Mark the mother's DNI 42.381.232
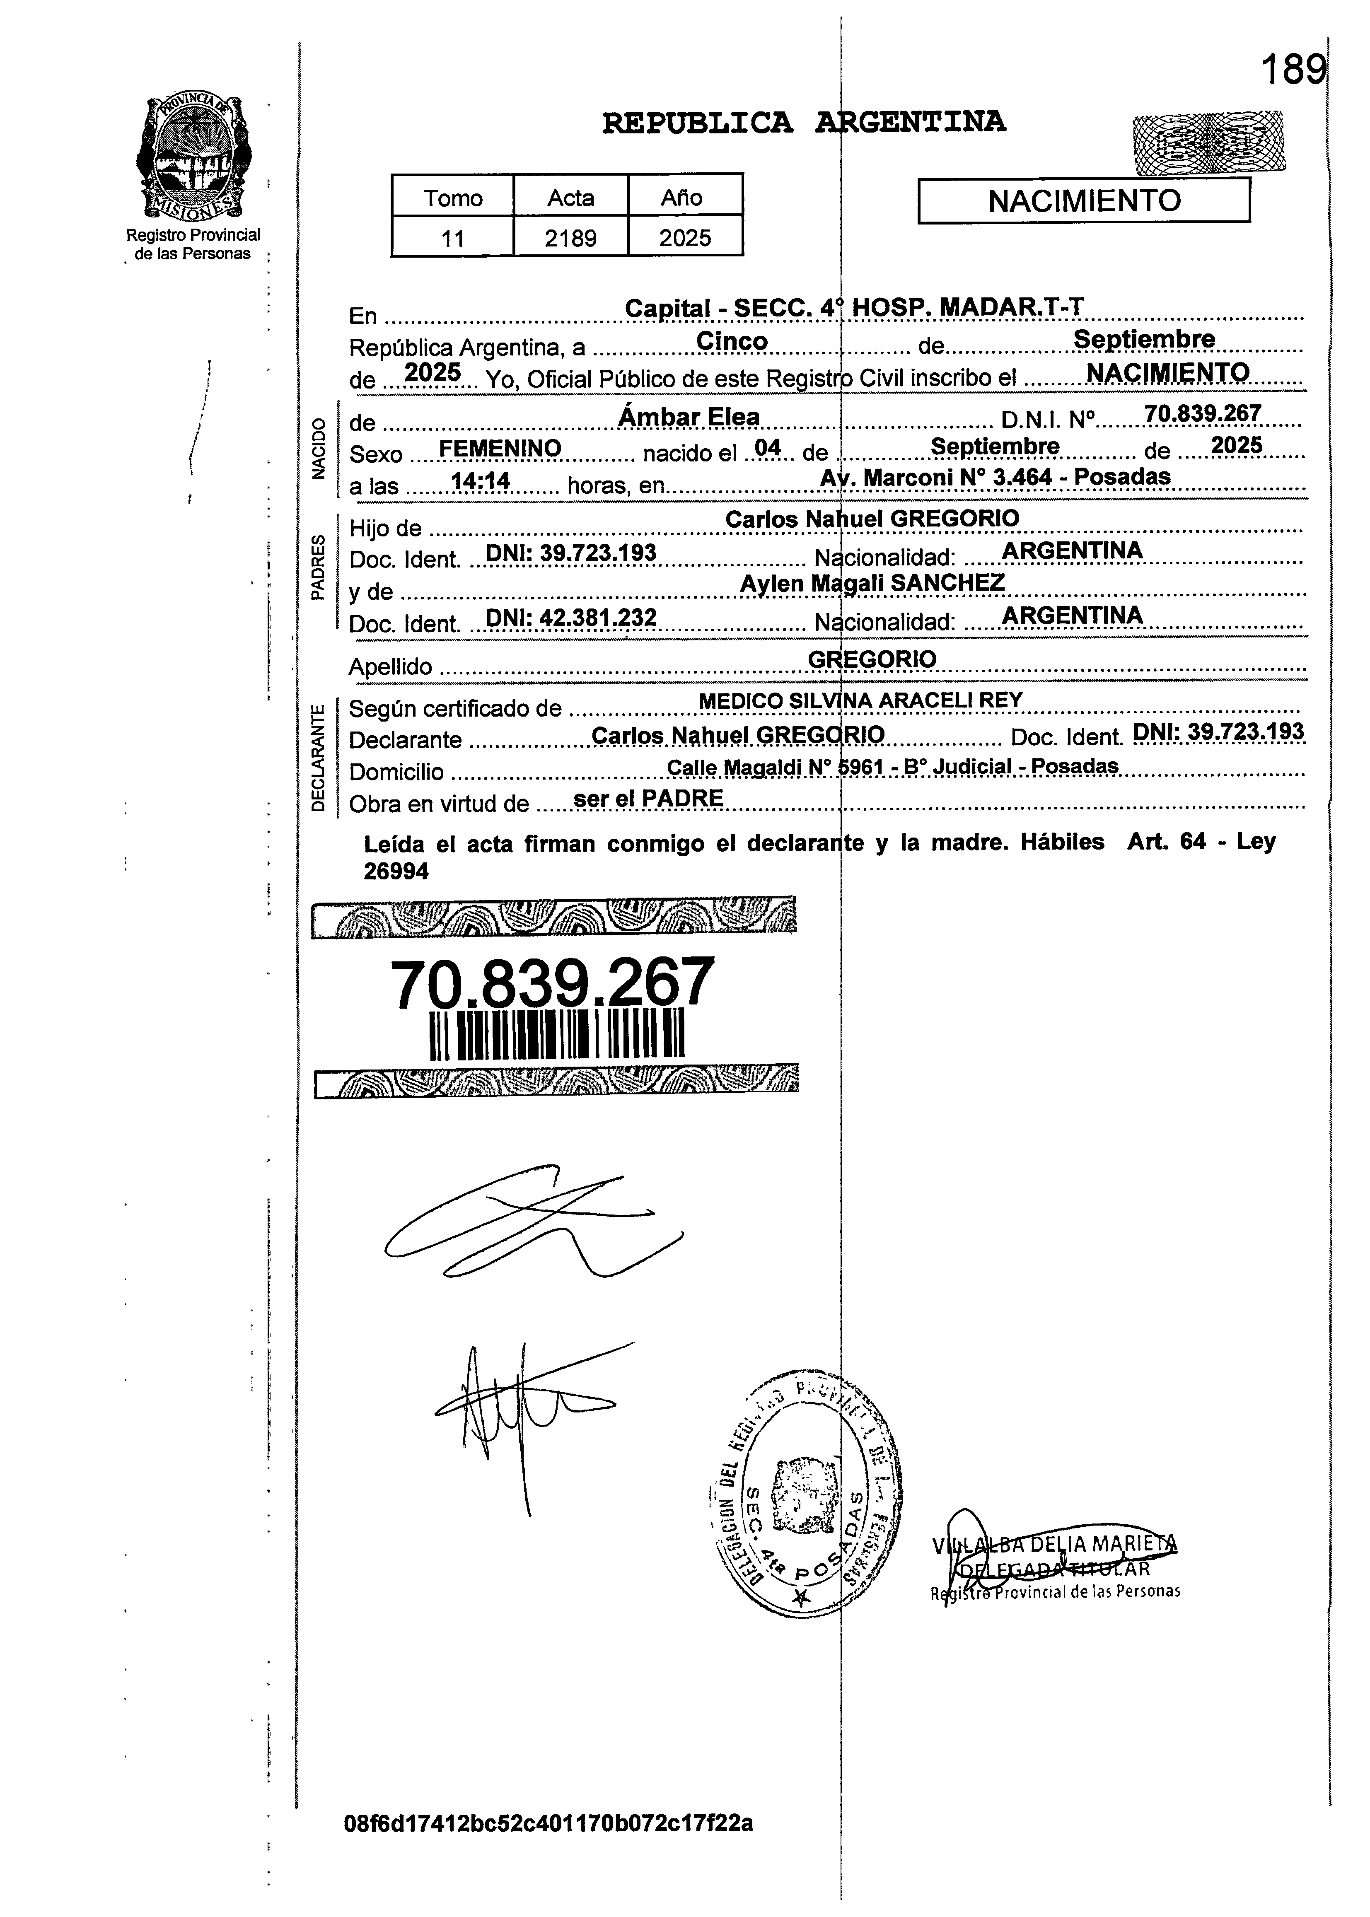coord(571,617)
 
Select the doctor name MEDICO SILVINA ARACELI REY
coord(860,700)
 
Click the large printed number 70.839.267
coord(553,983)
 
